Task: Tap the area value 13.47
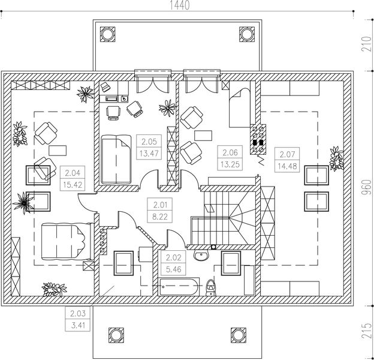tap(149, 152)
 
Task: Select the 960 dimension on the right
tap(367, 187)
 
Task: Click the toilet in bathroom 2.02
tap(210, 287)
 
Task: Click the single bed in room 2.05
tap(116, 160)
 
